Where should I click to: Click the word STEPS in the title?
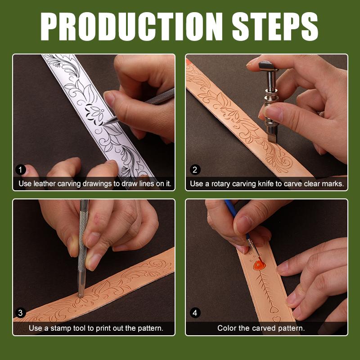tap(275, 27)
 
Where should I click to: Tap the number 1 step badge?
tap(20, 170)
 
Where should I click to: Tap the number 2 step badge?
tap(195, 170)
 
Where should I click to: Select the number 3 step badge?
tap(20, 313)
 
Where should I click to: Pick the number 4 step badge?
tap(195, 313)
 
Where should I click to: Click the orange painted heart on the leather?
tap(259, 265)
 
